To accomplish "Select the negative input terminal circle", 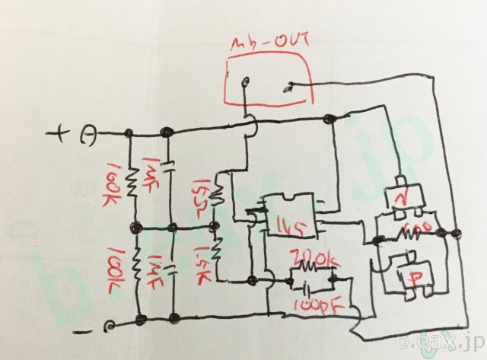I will click(111, 327).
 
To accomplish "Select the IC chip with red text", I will click(291, 215).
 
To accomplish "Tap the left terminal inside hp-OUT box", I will click(243, 83).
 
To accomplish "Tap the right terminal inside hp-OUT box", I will click(288, 88).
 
